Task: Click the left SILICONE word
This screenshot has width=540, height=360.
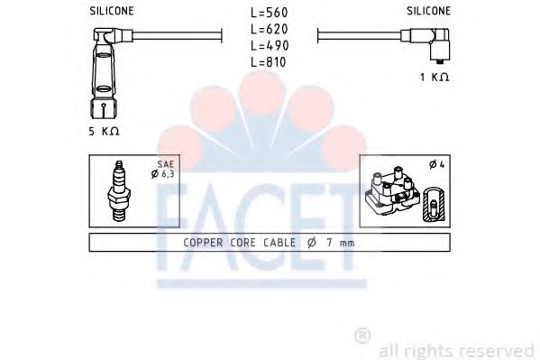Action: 113,11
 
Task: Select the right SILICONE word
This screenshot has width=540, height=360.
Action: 429,11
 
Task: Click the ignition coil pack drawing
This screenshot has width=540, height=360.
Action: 390,192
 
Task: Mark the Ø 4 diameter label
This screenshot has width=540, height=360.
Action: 435,164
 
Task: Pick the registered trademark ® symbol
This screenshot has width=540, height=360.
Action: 362,337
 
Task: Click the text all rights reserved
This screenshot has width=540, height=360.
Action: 457,349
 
